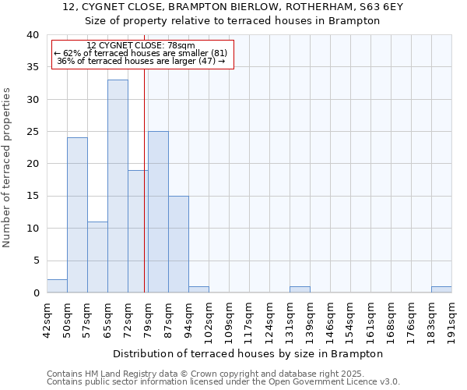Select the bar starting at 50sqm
(x=77, y=214)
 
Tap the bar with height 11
(x=97, y=257)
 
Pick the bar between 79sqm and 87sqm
(x=158, y=211)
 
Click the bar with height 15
(x=178, y=244)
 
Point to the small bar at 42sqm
(x=57, y=286)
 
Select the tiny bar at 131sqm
(x=300, y=289)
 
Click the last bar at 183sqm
(x=441, y=289)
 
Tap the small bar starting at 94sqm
(x=198, y=289)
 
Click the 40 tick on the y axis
(x=33, y=35)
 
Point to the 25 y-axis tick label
(x=33, y=132)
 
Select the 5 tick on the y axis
(x=36, y=261)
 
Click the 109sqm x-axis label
(x=230, y=317)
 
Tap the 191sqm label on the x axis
(x=452, y=317)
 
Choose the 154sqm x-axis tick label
(x=351, y=317)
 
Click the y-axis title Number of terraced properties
(x=8, y=167)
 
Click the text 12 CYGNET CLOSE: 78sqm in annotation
(x=141, y=46)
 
